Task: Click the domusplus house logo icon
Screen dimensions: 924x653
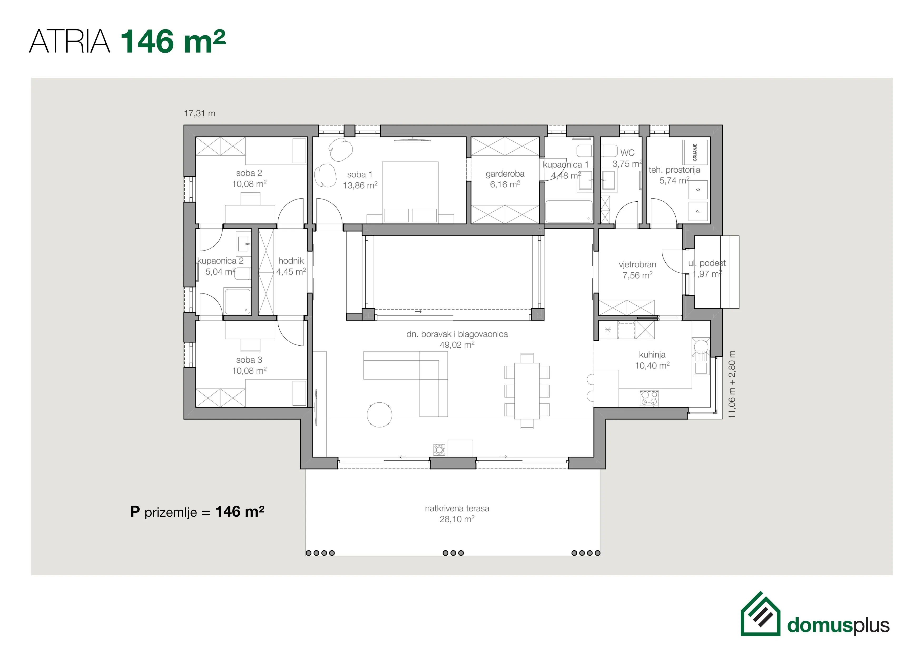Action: pos(760,614)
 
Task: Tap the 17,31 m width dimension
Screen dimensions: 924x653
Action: pos(200,113)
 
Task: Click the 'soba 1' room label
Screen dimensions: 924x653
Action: pos(360,175)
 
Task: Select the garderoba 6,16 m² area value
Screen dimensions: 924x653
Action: pos(505,185)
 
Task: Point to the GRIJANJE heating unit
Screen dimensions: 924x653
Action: pos(695,152)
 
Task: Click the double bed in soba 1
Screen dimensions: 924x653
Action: pos(410,192)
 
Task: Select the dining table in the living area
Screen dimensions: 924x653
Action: pos(527,391)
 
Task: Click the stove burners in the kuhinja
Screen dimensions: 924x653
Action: pos(649,398)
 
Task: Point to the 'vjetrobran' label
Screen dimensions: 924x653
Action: pos(637,265)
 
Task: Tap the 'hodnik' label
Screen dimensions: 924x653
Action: pos(291,261)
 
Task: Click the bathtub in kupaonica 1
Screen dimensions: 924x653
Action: pos(569,211)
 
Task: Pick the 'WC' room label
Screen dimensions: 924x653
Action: pos(627,153)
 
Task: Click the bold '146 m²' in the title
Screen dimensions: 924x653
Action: pos(173,41)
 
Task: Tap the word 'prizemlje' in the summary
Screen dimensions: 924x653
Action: pos(171,513)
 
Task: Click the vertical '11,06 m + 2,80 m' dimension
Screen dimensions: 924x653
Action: pos(732,384)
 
